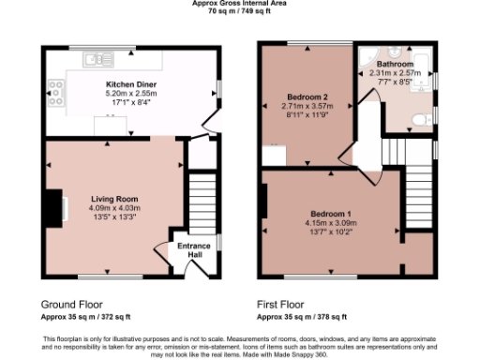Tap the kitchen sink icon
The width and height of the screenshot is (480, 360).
coord(97,60)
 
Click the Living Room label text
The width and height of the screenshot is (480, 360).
coord(114,199)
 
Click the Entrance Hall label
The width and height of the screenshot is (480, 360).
coord(194,249)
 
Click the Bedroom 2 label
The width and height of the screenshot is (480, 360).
coord(307,97)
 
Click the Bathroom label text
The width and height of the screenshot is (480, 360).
coord(395,65)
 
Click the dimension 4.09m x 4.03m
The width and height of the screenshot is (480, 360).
coord(114,207)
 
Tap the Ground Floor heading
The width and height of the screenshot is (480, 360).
coord(71,305)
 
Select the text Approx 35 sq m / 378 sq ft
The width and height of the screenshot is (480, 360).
coord(306,318)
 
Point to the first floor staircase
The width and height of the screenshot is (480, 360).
coord(418,197)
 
